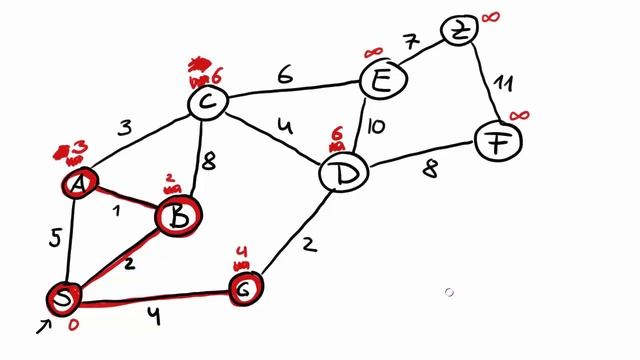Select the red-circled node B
[x=178, y=214]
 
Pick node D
[x=342, y=174]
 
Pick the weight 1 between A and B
[x=117, y=211]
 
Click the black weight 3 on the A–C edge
[x=125, y=127]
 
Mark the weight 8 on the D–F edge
[x=429, y=170]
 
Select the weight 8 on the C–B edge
[x=209, y=161]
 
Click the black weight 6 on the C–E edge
[x=285, y=75]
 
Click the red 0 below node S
[x=72, y=325]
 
